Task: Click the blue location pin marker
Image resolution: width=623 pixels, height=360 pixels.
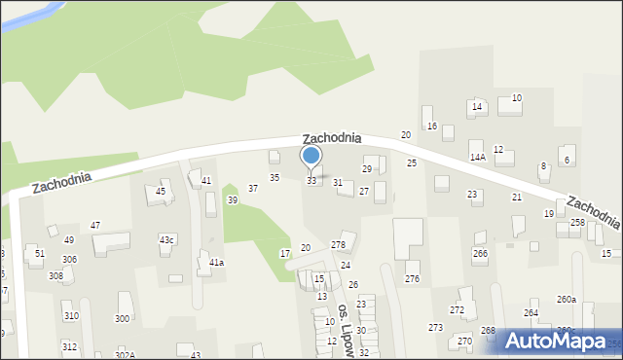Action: [311, 157]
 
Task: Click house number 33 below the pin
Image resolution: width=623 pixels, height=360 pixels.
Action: [311, 181]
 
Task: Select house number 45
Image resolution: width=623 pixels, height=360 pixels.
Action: [161, 192]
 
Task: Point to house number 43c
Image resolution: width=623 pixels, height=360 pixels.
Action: [167, 240]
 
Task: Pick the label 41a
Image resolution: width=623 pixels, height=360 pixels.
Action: [216, 263]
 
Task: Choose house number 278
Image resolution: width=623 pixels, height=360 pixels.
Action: [338, 245]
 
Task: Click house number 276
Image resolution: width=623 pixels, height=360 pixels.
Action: [412, 279]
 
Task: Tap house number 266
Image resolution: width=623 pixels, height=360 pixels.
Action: [480, 254]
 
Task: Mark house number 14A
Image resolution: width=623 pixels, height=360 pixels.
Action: [477, 157]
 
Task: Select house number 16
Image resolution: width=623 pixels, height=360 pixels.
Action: [432, 127]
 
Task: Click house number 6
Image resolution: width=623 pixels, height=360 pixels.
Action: [567, 160]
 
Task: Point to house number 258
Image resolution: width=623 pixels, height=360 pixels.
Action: [577, 223]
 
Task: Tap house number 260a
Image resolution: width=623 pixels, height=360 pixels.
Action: [566, 300]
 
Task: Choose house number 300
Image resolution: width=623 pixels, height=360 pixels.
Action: [122, 319]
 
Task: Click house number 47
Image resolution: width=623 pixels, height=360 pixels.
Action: [95, 226]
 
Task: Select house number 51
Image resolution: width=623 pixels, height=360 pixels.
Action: [39, 254]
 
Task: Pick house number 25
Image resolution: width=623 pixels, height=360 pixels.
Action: [412, 163]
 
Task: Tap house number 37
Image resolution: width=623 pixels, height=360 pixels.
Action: [253, 189]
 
